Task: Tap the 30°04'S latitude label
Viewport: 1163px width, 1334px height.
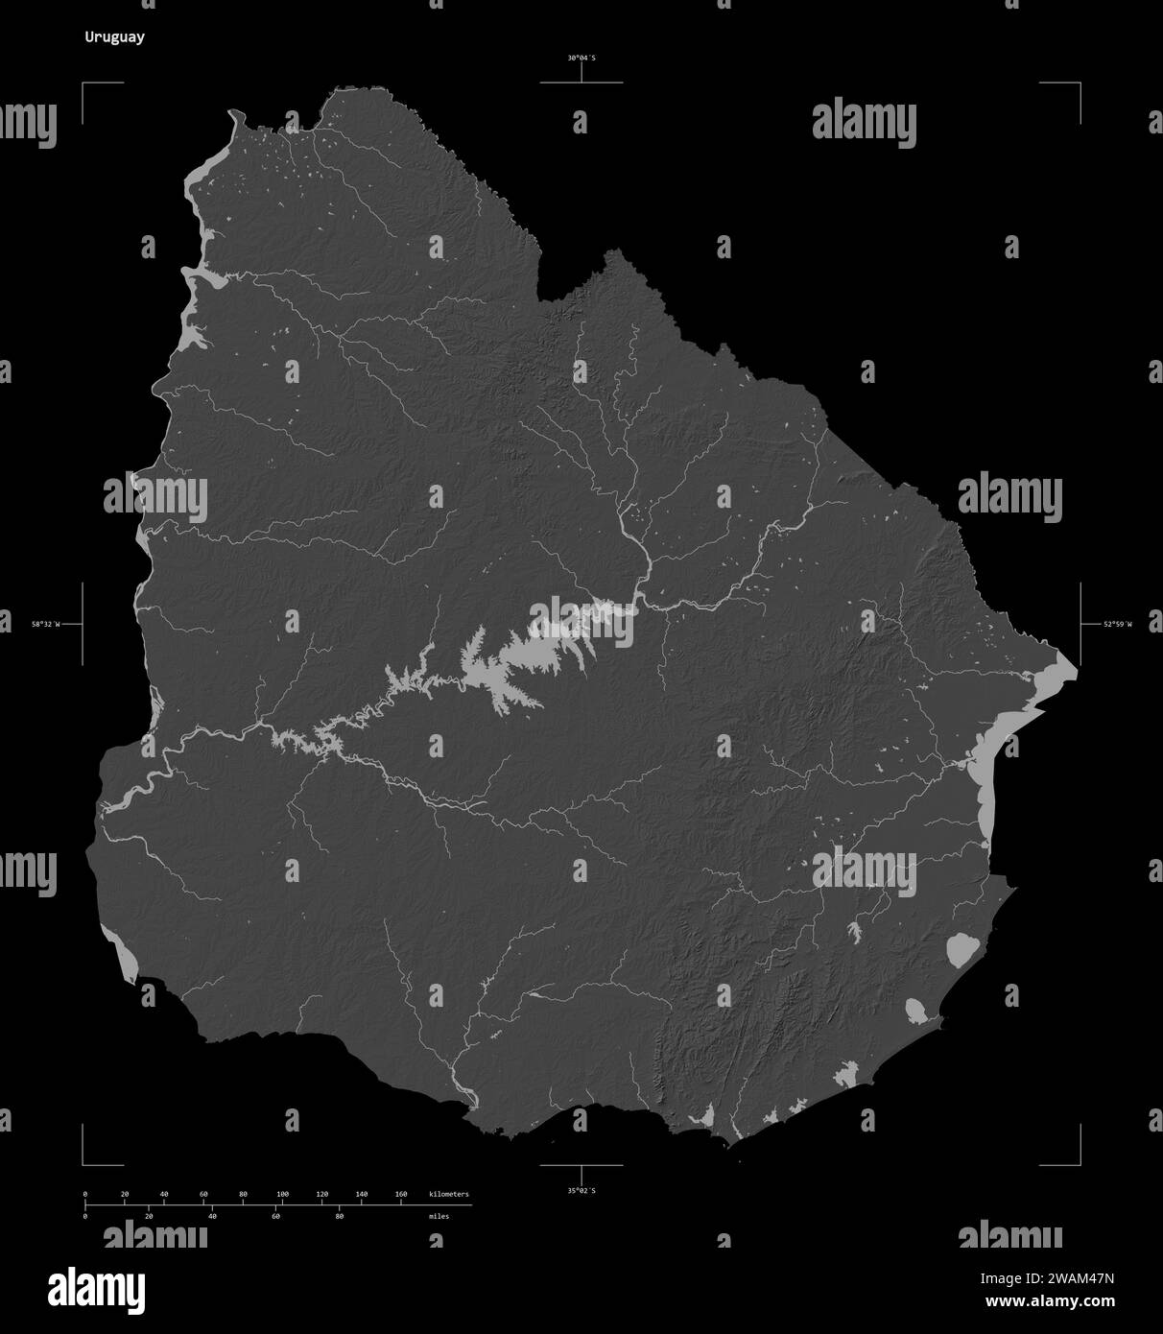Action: pos(581,59)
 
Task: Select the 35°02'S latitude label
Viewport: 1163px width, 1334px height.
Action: pos(581,1190)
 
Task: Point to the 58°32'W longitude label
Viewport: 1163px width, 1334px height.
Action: pos(44,624)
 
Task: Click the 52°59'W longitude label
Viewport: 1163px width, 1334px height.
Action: pos(1117,624)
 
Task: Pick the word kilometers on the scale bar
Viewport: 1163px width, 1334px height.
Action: pos(449,1194)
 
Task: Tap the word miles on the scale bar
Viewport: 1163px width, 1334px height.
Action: pos(439,1216)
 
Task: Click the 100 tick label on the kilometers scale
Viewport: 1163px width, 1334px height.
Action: pos(282,1194)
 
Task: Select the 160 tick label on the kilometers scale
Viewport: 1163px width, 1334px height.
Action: pos(401,1194)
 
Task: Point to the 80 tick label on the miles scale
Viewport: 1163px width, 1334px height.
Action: pos(339,1216)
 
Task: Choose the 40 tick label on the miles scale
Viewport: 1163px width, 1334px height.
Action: pos(212,1216)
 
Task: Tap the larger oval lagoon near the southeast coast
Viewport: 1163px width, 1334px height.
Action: pos(961,949)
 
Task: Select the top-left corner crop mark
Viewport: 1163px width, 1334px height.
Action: pos(84,84)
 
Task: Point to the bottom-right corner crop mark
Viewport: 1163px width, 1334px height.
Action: pos(1079,1163)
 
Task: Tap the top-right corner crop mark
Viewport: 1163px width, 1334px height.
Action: pos(1079,84)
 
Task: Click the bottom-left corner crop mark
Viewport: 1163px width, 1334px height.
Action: pos(84,1163)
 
